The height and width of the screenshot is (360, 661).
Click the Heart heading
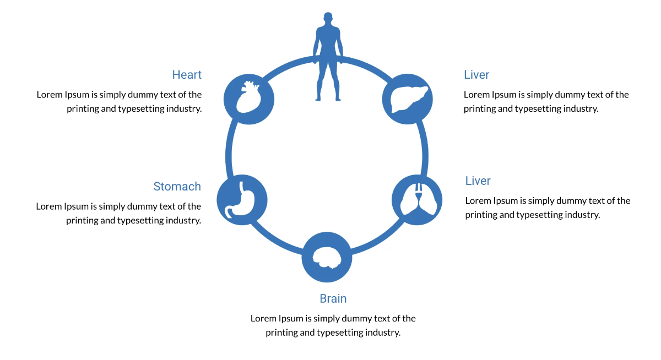[x=187, y=75]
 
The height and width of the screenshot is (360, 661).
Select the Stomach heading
[x=177, y=187]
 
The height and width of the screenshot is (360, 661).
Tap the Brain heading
[x=333, y=299]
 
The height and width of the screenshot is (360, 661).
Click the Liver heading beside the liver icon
[x=476, y=75]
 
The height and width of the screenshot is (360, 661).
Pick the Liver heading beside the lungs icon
[x=478, y=181]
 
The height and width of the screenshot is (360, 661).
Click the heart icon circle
[x=249, y=99]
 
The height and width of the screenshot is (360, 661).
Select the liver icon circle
[x=408, y=99]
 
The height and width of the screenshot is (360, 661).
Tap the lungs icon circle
[x=417, y=200]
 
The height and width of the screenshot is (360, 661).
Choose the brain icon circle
[x=327, y=257]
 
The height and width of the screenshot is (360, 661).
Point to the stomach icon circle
[x=242, y=199]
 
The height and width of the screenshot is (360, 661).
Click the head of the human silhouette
[x=328, y=19]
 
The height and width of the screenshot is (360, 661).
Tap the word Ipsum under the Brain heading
[x=290, y=318]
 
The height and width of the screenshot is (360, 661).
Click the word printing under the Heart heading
[x=84, y=108]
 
